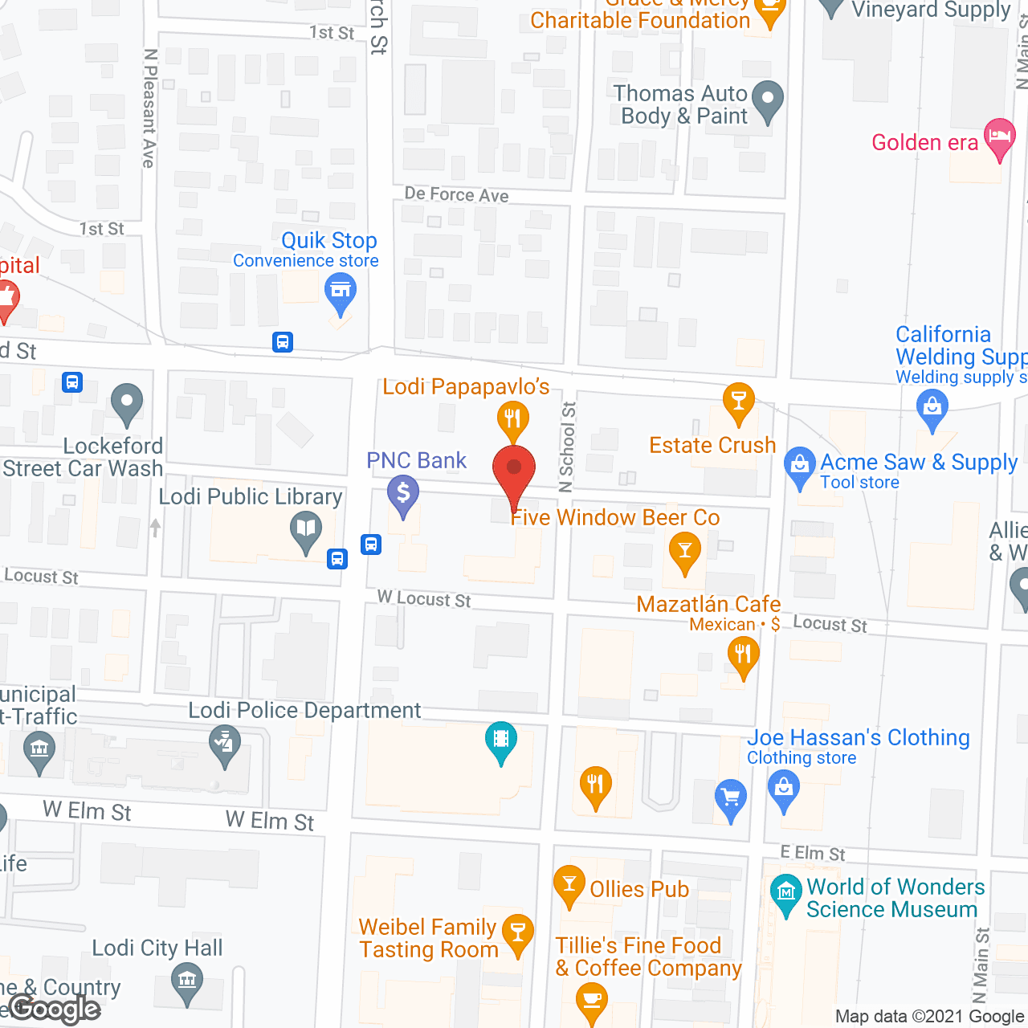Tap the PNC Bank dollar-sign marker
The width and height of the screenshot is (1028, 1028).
403,494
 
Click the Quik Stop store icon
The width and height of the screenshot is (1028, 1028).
341,291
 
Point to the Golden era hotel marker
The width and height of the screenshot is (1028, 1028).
999,137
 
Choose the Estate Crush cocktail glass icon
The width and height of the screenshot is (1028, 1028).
738,401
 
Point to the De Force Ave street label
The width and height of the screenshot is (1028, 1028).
456,194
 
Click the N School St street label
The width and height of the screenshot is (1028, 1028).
568,447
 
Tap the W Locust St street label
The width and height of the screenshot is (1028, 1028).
424,599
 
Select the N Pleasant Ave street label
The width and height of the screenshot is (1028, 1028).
149,108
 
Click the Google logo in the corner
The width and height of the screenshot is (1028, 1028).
55,1009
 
